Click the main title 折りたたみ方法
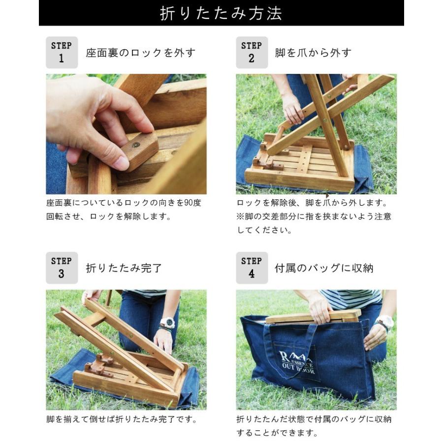click(x=221, y=13)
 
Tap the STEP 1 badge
click(x=62, y=52)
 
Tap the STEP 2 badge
click(x=252, y=52)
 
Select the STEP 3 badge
click(x=62, y=268)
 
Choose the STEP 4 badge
click(x=252, y=268)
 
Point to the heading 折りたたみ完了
click(x=124, y=268)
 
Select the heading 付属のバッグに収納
click(x=324, y=268)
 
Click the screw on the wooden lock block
click(x=136, y=145)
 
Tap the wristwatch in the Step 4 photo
click(x=384, y=322)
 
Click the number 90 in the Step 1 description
click(x=183, y=203)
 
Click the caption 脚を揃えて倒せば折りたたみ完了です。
click(x=122, y=420)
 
